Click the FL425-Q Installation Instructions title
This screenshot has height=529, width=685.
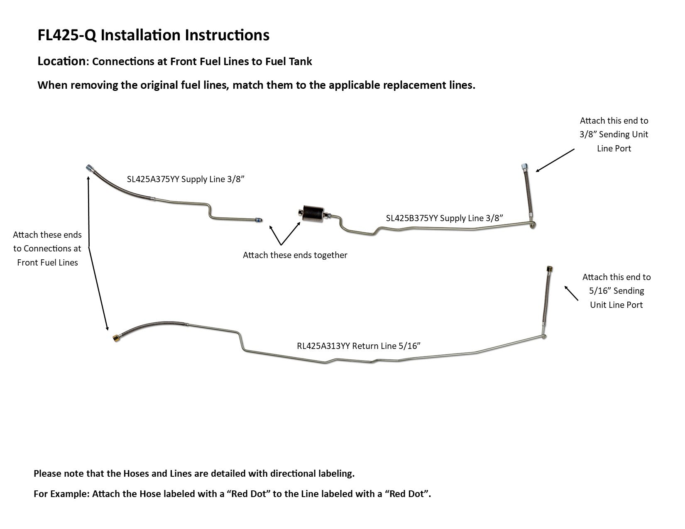pos(153,35)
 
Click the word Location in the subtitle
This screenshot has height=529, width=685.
pos(61,61)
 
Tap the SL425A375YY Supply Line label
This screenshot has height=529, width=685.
pos(185,179)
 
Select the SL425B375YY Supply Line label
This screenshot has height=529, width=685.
pos(444,218)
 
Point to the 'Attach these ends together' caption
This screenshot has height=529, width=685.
pos(295,255)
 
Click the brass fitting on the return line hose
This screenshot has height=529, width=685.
pos(116,338)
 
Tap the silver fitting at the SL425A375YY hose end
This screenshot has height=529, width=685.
pos(89,168)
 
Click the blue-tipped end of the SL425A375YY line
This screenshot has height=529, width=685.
pos(259,220)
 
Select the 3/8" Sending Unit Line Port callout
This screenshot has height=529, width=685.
pos(614,134)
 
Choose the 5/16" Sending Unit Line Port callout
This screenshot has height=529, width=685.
pos(616,291)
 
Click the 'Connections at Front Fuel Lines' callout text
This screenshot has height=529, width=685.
pos(47,249)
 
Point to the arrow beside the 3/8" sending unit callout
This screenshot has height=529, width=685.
pos(555,161)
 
